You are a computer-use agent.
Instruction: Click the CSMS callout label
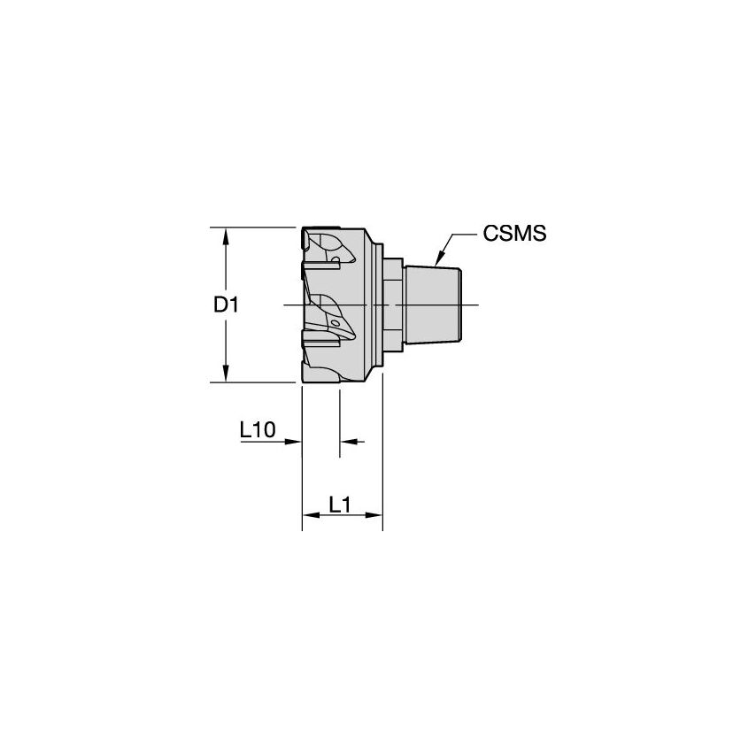514,234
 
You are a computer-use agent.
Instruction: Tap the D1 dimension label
226,305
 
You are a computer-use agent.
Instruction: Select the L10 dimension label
258,429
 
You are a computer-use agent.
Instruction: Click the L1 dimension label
341,505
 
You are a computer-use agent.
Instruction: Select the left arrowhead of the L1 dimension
308,515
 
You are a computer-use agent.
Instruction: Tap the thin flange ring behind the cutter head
381,305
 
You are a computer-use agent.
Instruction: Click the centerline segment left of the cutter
291,305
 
